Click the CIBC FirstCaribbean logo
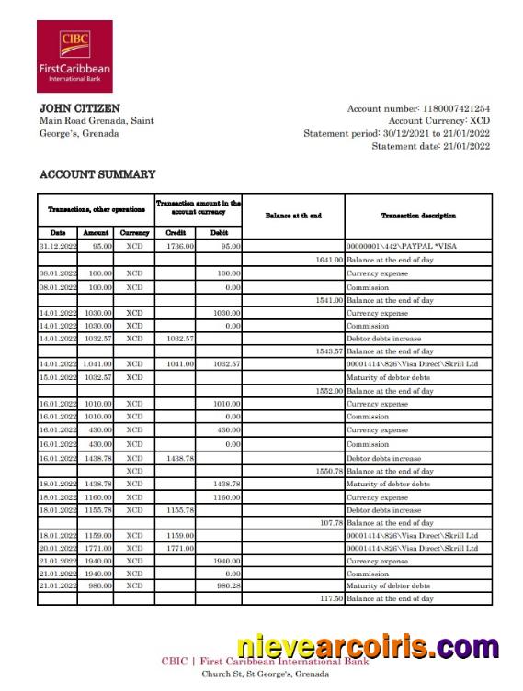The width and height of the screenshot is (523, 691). pos(74,56)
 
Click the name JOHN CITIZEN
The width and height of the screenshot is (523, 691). pos(79,108)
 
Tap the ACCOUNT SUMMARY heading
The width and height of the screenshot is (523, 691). pos(97,174)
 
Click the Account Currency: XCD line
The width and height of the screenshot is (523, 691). pos(438,121)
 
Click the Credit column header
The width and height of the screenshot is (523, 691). pos(175,233)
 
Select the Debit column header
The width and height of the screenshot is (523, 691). pos(220,233)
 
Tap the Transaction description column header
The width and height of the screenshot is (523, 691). pos(418,216)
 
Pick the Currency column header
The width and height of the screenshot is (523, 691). pos(135,233)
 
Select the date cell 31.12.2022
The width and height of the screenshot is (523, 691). pos(57,247)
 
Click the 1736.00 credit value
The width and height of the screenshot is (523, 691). pos(179,247)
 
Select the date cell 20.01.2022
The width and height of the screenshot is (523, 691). pos(57,548)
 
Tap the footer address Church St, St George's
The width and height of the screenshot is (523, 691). pos(265,674)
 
